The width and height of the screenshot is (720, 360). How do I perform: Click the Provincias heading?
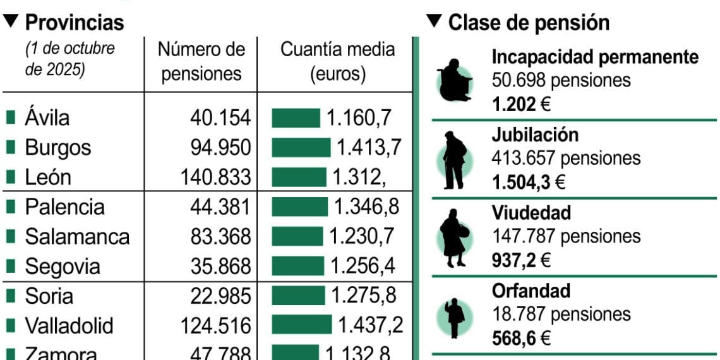point(74,23)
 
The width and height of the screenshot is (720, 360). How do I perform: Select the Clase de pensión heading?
point(529,23)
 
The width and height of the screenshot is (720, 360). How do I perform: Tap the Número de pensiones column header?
point(201,61)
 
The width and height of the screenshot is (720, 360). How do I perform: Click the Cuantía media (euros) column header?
point(337,61)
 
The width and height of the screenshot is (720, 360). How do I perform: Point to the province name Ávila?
point(47,117)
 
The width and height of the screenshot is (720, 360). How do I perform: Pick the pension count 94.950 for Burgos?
point(220,147)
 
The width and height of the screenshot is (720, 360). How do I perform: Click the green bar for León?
point(299,177)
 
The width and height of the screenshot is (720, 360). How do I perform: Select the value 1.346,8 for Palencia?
point(366,207)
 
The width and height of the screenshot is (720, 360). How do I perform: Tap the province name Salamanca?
point(77,237)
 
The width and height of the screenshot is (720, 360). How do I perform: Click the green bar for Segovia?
point(297,266)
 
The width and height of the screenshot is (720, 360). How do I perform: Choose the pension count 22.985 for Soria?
point(220,296)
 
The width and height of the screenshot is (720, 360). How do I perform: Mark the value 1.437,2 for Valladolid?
point(370,325)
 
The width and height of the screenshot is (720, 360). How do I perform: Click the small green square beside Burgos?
point(11,147)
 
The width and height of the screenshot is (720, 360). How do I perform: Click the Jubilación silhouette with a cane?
point(455,160)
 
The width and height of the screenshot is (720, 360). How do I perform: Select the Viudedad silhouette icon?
point(454,238)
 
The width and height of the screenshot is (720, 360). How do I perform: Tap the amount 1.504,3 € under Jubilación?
point(528,183)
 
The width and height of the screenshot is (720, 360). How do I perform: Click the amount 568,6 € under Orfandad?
point(521,339)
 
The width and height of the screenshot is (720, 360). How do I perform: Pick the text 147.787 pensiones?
point(566,236)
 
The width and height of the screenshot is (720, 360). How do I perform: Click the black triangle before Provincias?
point(11,22)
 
